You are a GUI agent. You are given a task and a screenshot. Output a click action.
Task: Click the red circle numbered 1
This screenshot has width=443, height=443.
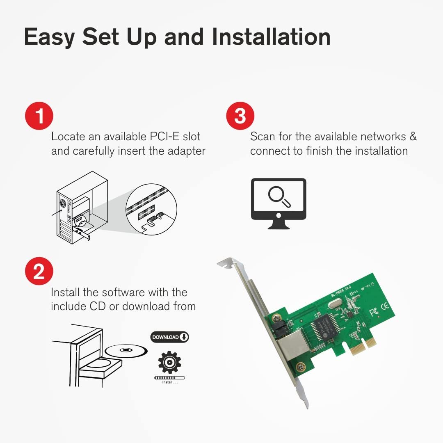(39, 116)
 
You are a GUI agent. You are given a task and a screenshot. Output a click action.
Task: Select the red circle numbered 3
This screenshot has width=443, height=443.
(240, 116)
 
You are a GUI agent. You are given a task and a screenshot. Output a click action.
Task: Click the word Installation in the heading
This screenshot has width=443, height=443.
(271, 37)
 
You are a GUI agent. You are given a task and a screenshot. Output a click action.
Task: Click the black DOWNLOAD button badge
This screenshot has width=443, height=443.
(170, 337)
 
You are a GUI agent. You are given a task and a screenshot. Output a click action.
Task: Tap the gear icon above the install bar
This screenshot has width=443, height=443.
(169, 362)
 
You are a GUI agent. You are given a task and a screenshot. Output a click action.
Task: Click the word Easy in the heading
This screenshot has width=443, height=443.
(49, 37)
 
